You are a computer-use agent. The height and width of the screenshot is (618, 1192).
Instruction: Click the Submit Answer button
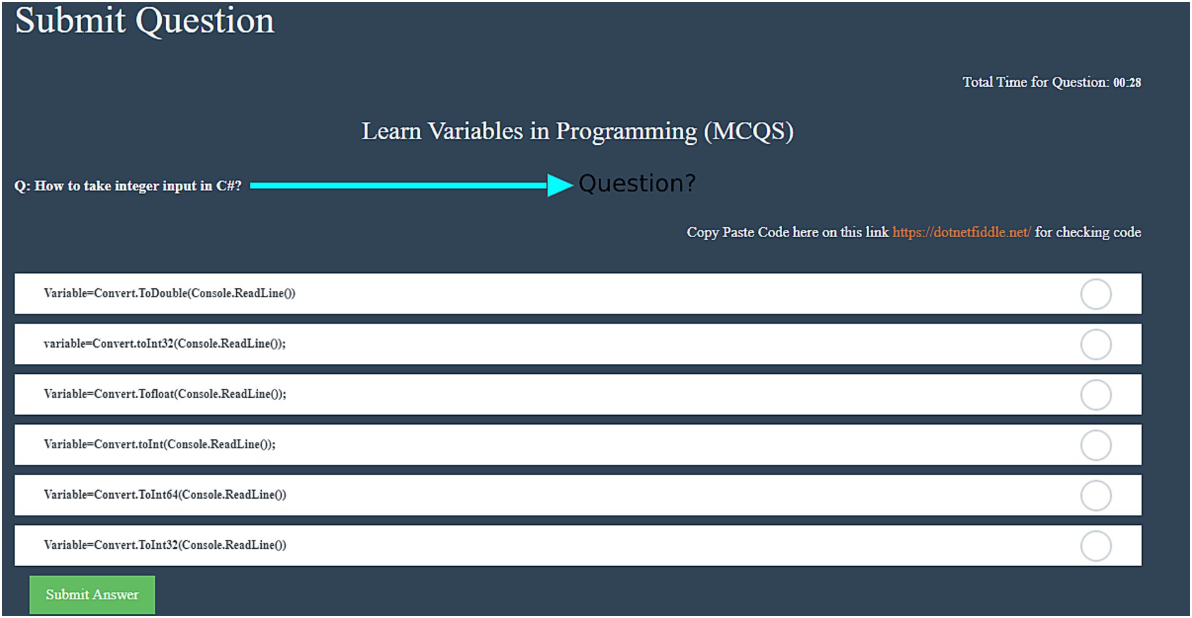(x=92, y=594)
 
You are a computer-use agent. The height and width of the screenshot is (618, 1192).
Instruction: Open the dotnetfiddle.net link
(x=961, y=232)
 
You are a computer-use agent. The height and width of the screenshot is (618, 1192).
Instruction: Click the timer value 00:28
(x=1127, y=82)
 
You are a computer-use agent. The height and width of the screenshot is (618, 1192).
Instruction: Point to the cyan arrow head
(x=560, y=185)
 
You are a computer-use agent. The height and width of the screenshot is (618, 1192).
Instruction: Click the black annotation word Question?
(x=637, y=184)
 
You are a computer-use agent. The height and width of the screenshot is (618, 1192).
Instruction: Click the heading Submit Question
(x=144, y=21)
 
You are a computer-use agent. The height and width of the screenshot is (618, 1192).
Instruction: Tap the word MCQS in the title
(x=749, y=131)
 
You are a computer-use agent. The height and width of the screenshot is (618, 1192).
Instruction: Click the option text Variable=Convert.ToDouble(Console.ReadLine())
(x=169, y=293)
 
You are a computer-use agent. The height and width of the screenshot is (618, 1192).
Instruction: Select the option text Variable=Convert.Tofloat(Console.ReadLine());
(x=165, y=394)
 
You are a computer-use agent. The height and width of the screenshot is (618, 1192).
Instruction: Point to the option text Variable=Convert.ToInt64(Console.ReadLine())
(x=165, y=495)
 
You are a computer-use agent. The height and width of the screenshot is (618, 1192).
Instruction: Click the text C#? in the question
(x=229, y=186)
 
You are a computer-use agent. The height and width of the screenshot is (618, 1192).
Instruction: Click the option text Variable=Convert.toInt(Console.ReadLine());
(x=159, y=444)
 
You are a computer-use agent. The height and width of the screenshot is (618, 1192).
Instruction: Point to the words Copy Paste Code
(x=738, y=232)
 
